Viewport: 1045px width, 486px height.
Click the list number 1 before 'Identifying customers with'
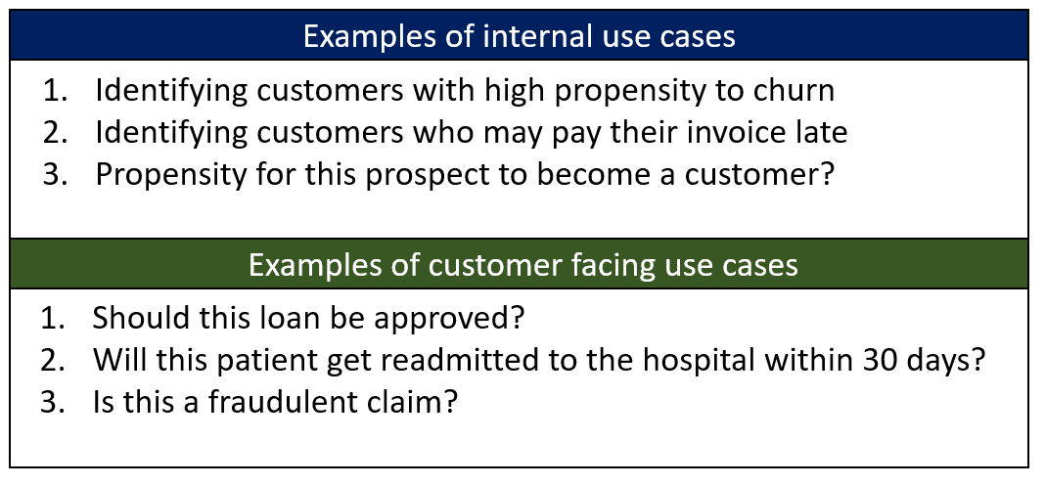[x=52, y=91]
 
